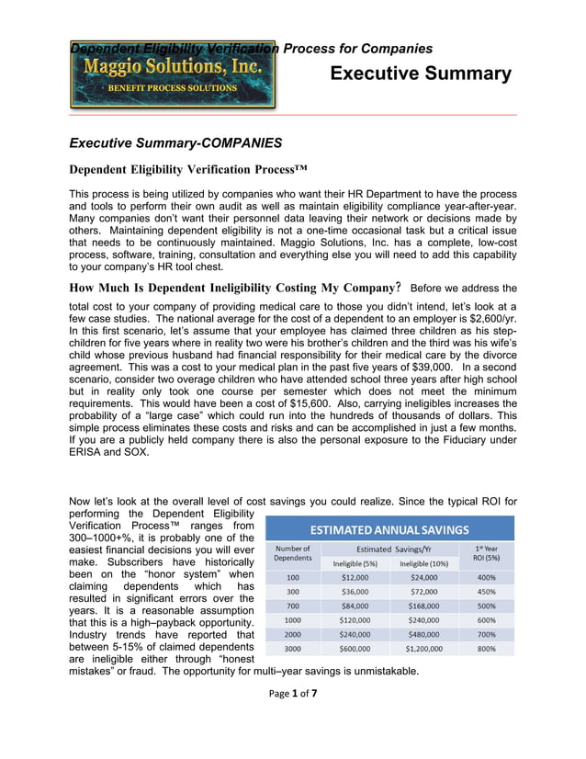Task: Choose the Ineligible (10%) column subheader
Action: (x=423, y=562)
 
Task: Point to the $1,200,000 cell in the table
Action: (x=423, y=648)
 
